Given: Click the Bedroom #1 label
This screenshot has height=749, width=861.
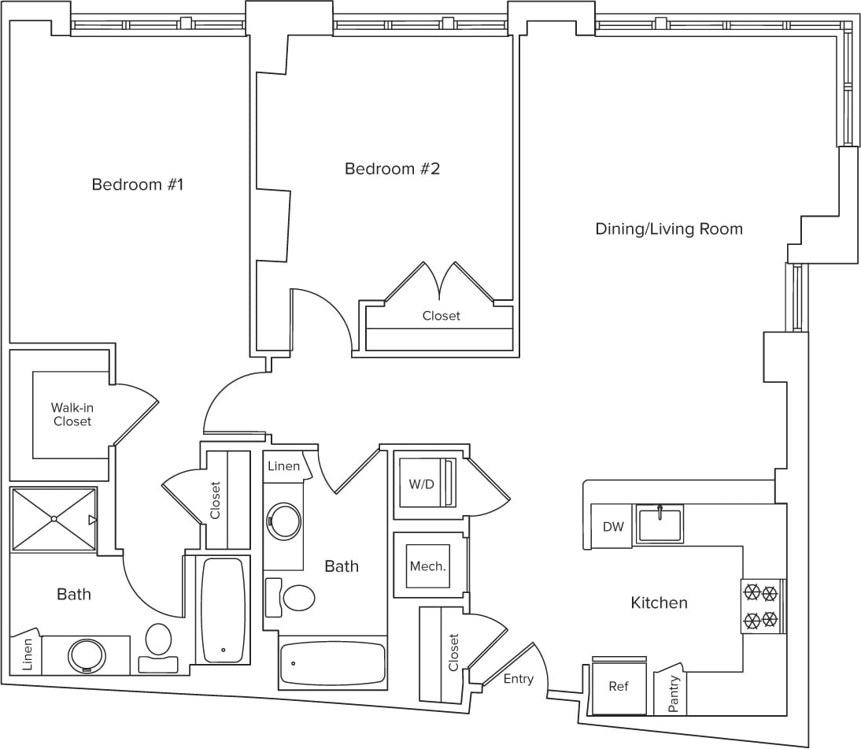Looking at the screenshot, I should click(137, 185).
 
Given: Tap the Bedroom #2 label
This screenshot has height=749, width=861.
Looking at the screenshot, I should click(392, 169).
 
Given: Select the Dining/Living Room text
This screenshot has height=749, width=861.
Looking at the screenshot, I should click(668, 229).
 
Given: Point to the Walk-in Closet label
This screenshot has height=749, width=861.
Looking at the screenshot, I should click(72, 414).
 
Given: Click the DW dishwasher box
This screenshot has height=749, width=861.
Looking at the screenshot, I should click(612, 526).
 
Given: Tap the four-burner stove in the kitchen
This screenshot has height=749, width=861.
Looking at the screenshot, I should click(761, 606).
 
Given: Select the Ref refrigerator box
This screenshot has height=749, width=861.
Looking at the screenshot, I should click(619, 687).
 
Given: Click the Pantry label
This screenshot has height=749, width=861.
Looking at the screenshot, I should click(673, 694).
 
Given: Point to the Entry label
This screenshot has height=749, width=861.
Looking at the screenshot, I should click(519, 678).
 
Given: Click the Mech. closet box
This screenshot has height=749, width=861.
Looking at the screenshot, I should click(427, 565).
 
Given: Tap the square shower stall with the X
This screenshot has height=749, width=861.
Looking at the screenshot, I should click(54, 519).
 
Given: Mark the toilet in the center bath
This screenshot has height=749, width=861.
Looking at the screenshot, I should click(297, 598).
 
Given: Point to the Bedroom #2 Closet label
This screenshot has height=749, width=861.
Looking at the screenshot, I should click(441, 316).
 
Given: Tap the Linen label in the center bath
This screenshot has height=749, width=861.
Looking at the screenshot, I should click(283, 466).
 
